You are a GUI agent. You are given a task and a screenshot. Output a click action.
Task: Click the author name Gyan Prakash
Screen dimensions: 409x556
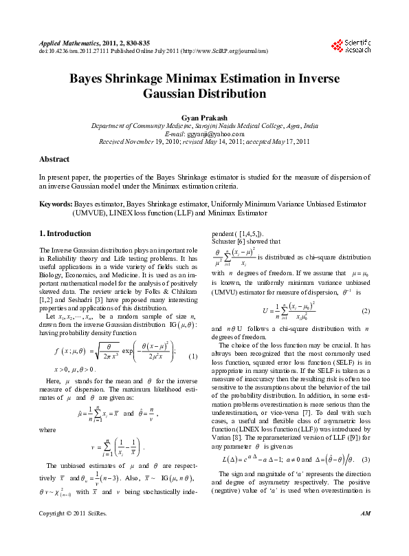point(204,118)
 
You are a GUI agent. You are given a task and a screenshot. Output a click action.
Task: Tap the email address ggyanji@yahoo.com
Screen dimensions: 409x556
point(204,135)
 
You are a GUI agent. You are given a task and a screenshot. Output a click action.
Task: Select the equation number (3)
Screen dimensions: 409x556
point(366,458)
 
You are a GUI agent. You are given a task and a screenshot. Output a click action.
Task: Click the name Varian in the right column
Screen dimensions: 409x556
point(227,429)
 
